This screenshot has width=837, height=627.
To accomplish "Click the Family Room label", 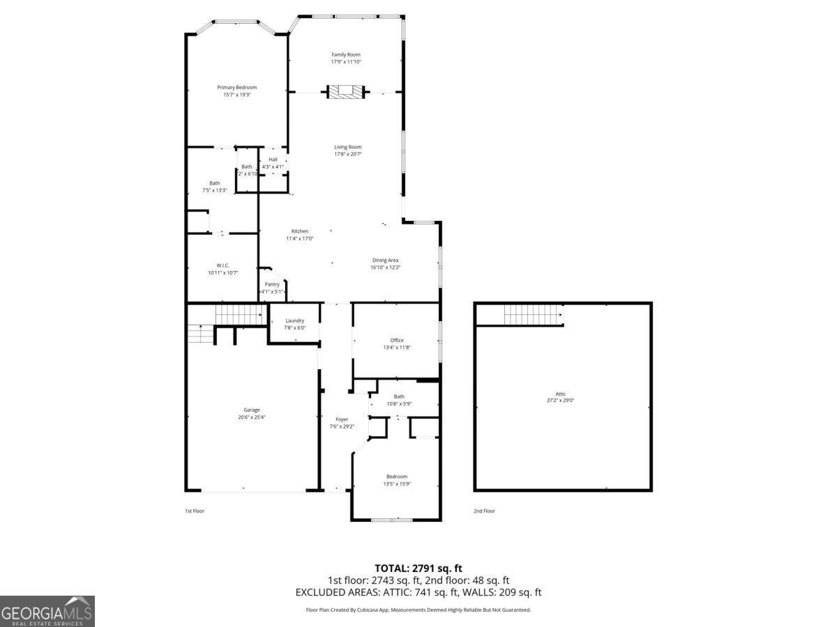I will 346,54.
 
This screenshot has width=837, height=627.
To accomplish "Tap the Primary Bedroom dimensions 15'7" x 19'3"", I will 236,95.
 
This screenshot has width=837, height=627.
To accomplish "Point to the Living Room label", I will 347,147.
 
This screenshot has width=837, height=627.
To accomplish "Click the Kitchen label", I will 299,231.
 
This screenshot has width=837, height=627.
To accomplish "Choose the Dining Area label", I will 385,260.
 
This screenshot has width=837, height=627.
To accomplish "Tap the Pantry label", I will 272,284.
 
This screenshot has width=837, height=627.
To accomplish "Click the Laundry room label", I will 294,320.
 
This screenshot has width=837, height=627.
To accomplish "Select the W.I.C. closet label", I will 223,265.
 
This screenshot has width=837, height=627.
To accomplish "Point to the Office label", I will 397,340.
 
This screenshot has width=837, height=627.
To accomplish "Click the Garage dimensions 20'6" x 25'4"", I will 252,417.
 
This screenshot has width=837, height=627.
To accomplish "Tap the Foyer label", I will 342,419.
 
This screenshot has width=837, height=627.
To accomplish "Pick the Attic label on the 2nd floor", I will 560,394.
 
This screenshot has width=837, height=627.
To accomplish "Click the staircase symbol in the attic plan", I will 533,315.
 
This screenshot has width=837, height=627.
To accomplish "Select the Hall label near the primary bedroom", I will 273,160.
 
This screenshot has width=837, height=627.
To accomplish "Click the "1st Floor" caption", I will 195,511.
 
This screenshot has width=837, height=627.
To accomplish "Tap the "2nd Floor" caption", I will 484,511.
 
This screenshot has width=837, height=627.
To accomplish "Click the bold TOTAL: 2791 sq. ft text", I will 418,568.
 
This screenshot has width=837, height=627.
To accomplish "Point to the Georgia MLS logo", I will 47,612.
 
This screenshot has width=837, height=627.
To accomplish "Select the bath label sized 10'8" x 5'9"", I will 399,396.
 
